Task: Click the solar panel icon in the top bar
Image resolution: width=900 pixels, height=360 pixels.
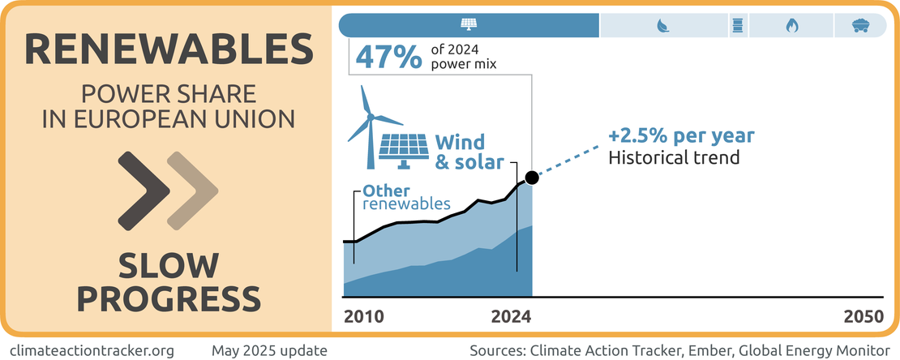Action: pyautogui.click(x=469, y=25)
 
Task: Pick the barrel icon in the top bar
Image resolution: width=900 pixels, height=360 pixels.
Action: pyautogui.click(x=738, y=26)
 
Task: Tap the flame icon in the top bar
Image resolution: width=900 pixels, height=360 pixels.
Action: pyautogui.click(x=791, y=26)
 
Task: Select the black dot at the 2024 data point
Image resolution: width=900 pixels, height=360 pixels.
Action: pyautogui.click(x=531, y=178)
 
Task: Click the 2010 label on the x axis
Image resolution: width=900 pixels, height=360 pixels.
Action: pyautogui.click(x=364, y=317)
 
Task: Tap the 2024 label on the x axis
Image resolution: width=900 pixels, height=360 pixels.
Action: pyautogui.click(x=511, y=317)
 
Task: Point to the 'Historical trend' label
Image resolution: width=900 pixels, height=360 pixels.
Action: pyautogui.click(x=674, y=157)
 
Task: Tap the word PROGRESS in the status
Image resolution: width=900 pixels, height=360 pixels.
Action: pyautogui.click(x=169, y=298)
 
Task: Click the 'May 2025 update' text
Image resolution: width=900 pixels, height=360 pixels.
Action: pyautogui.click(x=269, y=351)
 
